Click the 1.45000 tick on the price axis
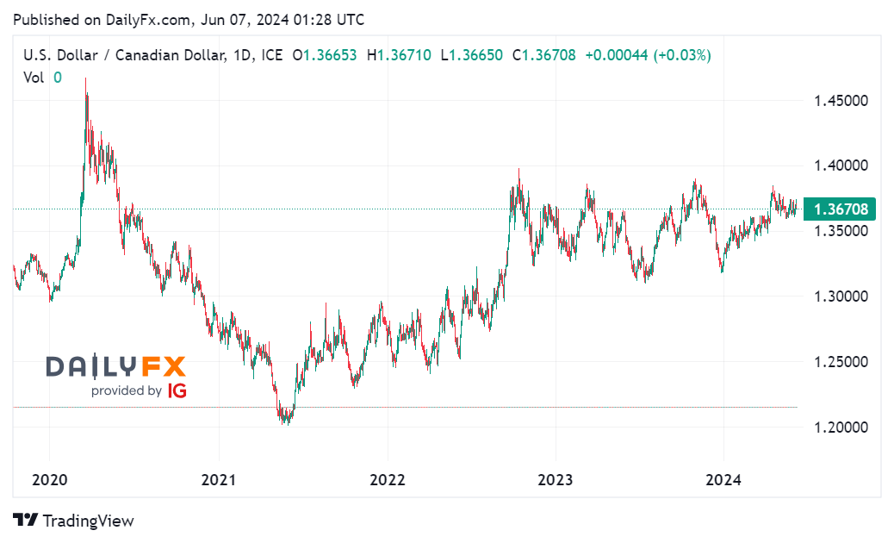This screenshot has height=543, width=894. [x=839, y=101]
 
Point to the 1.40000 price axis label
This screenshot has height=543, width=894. [x=839, y=165]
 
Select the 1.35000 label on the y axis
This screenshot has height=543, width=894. [x=839, y=231]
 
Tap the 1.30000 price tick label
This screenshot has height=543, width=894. [x=839, y=296]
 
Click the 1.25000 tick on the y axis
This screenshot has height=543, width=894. [x=839, y=362]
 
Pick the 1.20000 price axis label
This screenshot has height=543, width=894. [x=839, y=428]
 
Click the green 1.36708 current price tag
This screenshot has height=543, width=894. [x=839, y=209]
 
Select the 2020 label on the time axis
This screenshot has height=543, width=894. [x=49, y=480]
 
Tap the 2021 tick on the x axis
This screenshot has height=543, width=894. [x=219, y=480]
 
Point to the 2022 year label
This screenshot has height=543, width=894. [x=387, y=480]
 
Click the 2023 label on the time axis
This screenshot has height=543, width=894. [x=555, y=480]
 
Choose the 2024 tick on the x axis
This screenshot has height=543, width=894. [x=723, y=480]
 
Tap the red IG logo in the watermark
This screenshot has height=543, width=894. [x=177, y=390]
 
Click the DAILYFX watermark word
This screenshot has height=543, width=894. [x=115, y=366]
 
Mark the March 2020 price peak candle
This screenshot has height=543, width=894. [x=85, y=82]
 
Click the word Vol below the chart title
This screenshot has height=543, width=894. [x=34, y=77]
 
